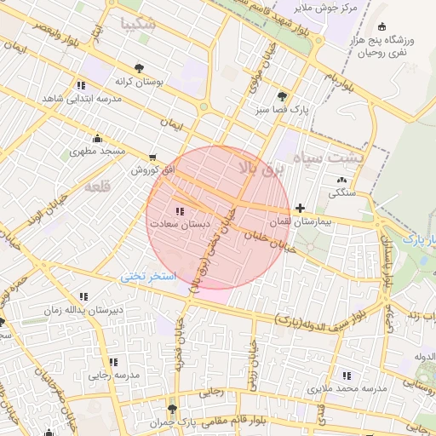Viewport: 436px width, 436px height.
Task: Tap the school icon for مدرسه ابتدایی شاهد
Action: tap(81, 85)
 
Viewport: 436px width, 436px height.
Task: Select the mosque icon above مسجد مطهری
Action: tap(97, 138)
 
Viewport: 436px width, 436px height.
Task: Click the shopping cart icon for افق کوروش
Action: tap(152, 158)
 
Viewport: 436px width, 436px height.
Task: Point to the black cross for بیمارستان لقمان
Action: tap(300, 208)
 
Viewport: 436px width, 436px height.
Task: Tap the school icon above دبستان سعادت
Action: tap(179, 210)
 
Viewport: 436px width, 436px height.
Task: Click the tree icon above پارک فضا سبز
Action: tap(282, 95)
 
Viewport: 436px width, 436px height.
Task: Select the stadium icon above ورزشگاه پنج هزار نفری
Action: tap(381, 26)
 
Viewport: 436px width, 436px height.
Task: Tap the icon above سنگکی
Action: tap(342, 180)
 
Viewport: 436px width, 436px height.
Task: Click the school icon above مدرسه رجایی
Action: tap(113, 362)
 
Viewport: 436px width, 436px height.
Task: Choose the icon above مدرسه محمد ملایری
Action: tap(347, 375)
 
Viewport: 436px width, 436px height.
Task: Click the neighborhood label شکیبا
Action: tap(139, 24)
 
